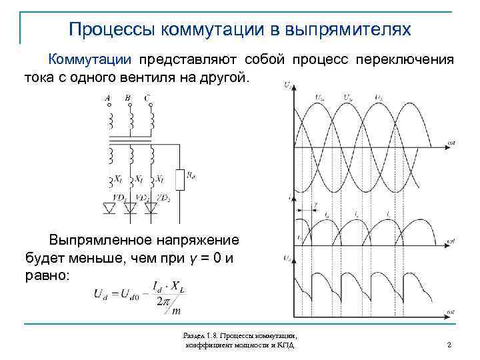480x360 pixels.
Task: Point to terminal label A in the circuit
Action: (x=108, y=98)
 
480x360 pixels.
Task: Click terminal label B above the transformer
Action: (x=128, y=98)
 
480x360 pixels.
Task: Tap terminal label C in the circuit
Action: (x=147, y=98)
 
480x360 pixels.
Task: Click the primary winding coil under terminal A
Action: (x=110, y=121)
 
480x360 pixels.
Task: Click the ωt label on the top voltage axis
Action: (x=451, y=143)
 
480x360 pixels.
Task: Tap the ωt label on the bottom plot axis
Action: (x=451, y=312)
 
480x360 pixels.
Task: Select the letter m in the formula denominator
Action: (x=176, y=310)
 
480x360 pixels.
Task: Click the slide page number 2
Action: (x=450, y=345)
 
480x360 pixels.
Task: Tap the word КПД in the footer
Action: (x=287, y=345)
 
